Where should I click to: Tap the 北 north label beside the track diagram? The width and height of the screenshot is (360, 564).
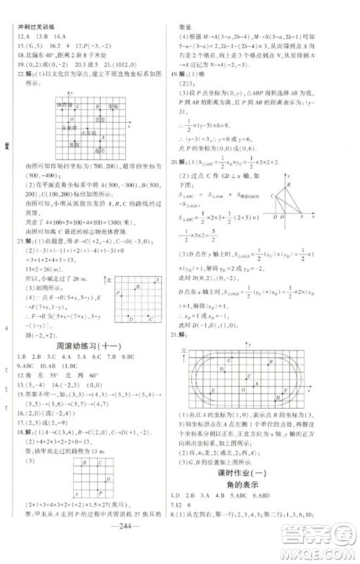[x=184, y=349]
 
